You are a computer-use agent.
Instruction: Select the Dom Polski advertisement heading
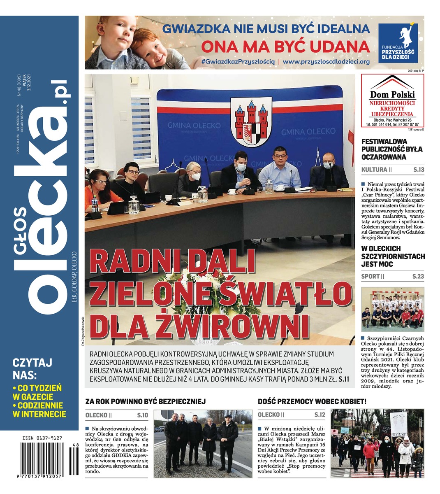(x=392, y=94)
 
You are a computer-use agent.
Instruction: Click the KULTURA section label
(x=374, y=170)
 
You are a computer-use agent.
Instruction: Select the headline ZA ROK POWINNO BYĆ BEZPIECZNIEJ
(x=145, y=401)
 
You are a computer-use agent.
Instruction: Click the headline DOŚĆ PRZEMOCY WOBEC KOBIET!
(x=312, y=401)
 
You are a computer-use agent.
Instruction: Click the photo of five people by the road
(x=203, y=443)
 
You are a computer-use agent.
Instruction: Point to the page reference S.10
(x=142, y=415)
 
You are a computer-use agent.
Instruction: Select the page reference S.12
(x=320, y=415)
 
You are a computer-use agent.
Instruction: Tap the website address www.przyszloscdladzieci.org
(x=326, y=61)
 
